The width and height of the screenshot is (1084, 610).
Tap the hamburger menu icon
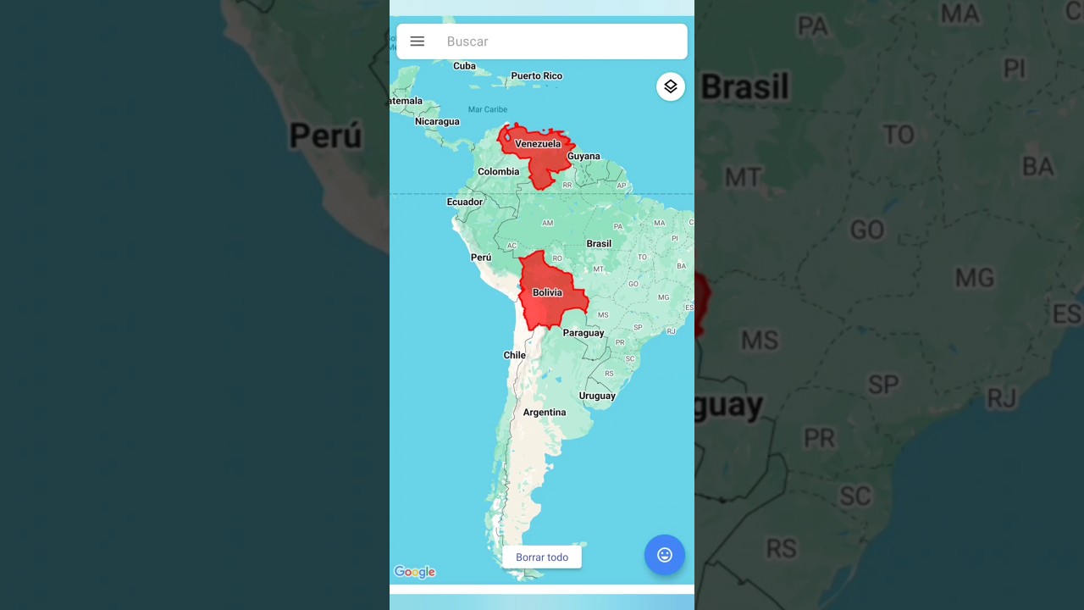(417, 42)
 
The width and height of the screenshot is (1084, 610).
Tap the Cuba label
(464, 66)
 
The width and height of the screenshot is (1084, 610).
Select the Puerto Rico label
(536, 76)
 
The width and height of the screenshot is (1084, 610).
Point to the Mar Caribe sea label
(488, 109)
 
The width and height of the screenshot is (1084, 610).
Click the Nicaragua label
(437, 122)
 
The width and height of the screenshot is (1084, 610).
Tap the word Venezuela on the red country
(538, 144)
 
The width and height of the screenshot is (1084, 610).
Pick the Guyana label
(583, 157)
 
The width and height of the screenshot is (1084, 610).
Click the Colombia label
(498, 172)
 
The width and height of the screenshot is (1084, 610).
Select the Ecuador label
(464, 202)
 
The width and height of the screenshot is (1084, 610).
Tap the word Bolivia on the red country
(547, 293)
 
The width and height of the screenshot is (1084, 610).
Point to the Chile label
(514, 356)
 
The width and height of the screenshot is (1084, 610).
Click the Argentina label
(544, 413)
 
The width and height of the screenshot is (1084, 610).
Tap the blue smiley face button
(665, 555)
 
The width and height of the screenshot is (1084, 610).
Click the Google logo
(415, 573)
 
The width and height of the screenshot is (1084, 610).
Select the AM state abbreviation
(547, 224)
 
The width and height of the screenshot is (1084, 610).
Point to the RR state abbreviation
(567, 185)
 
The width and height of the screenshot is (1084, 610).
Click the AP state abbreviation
(622, 186)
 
